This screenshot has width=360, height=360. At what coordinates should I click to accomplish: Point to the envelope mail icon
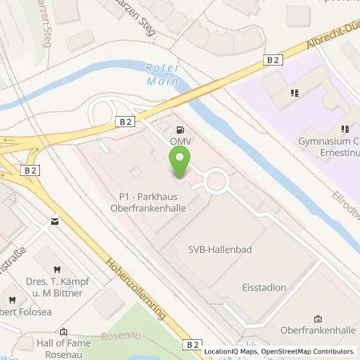point(54,220)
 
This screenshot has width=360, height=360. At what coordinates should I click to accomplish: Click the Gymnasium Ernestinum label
point(328,146)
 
